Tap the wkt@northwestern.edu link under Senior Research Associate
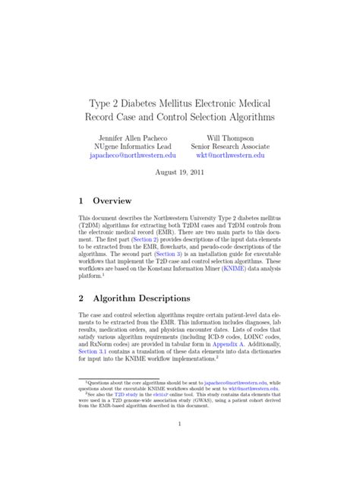coord(230,154)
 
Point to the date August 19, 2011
coord(180,172)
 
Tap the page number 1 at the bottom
coord(180,444)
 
